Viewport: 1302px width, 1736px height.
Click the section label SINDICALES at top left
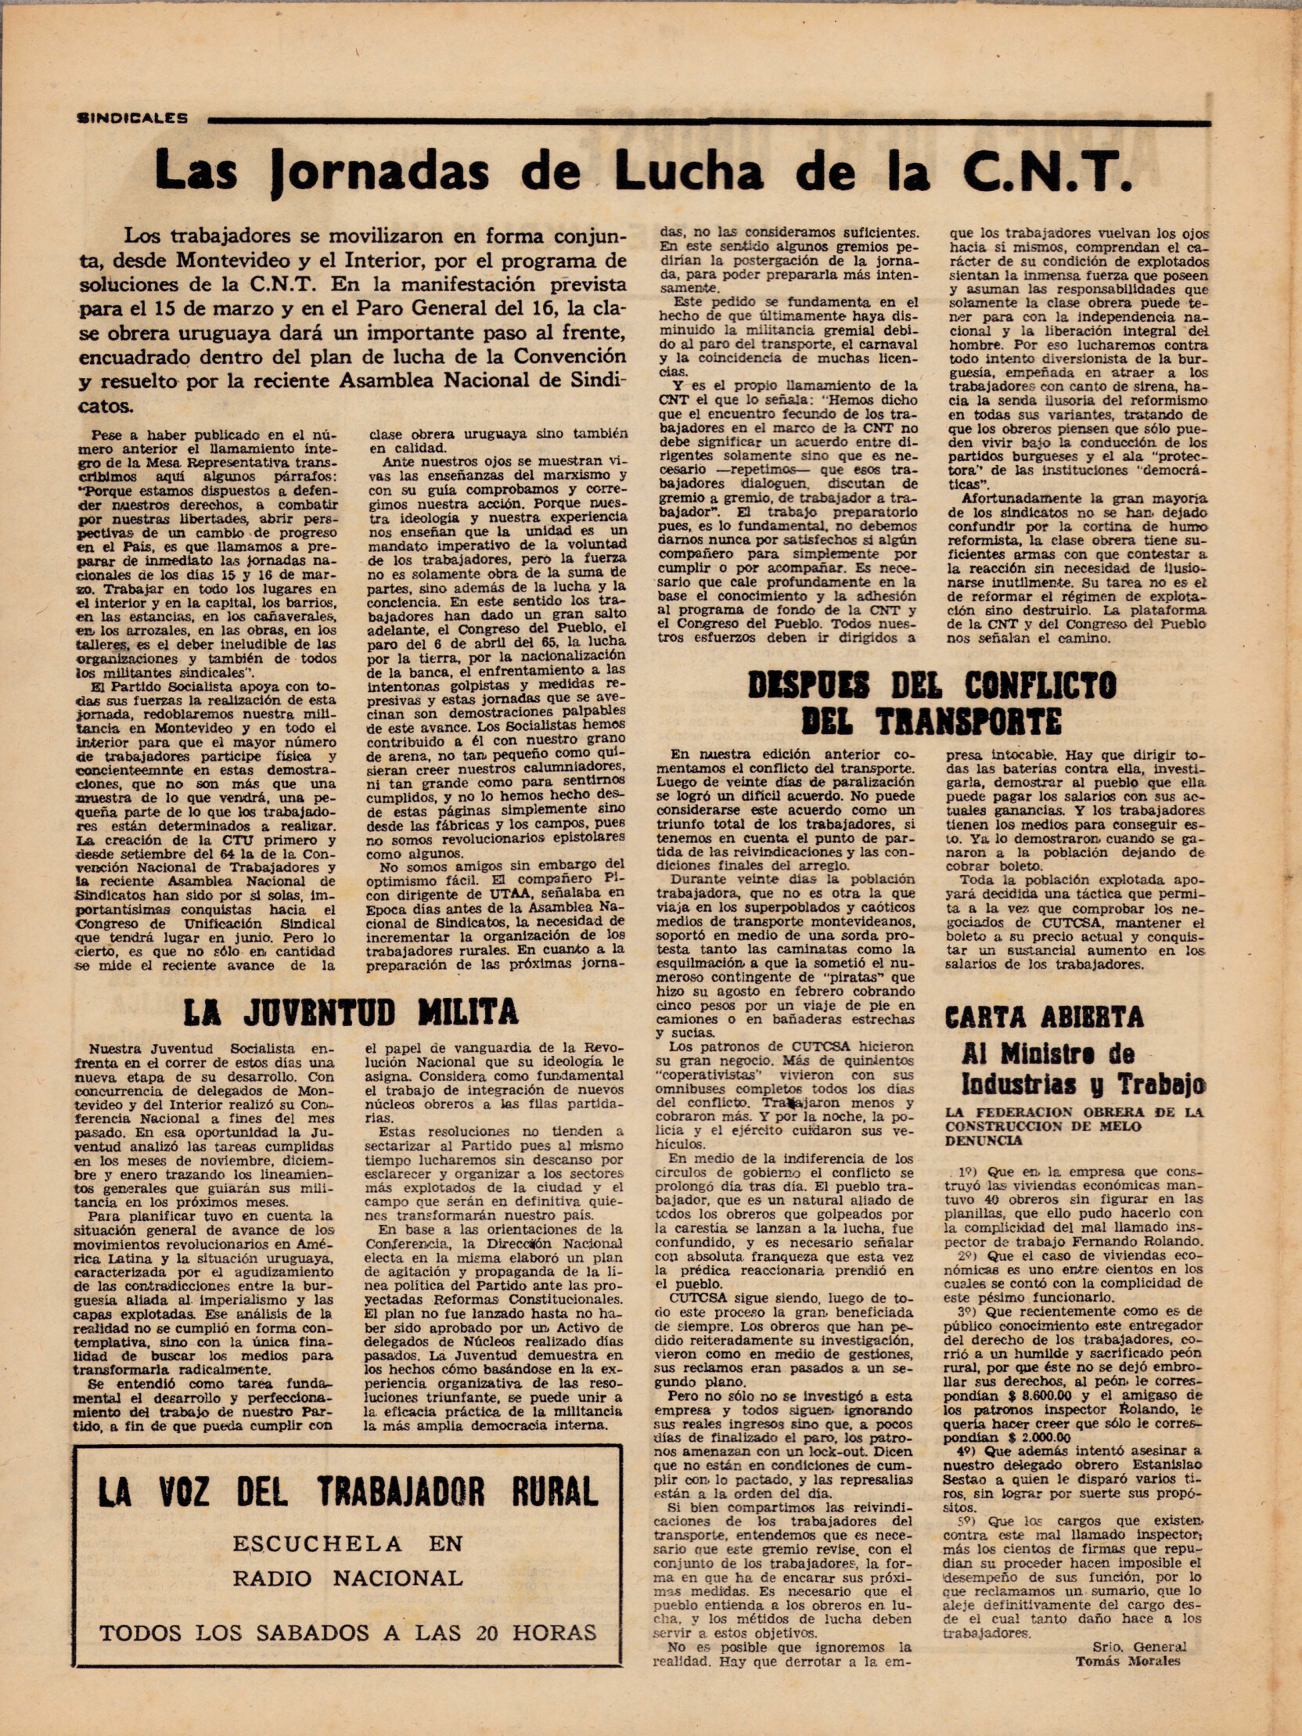[133, 119]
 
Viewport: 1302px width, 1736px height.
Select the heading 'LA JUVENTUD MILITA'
[350, 1011]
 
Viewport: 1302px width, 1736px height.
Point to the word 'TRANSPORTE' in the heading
[971, 720]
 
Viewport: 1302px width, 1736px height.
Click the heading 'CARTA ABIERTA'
[1044, 1018]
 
